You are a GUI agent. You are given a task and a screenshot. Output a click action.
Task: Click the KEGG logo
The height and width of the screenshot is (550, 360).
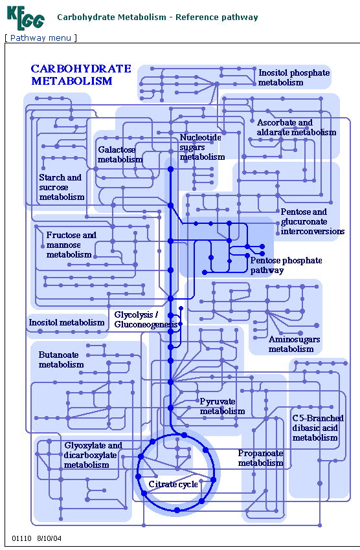coord(25,17)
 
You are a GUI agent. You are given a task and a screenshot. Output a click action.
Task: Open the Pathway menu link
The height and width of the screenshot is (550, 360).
coord(41,38)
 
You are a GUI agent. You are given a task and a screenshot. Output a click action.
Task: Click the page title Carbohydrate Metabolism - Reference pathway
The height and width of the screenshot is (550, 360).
coord(157,17)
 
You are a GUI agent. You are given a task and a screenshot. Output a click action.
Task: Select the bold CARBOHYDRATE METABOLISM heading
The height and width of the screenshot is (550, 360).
coord(81,74)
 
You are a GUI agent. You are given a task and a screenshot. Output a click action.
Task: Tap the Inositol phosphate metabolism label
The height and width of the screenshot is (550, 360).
coord(294,78)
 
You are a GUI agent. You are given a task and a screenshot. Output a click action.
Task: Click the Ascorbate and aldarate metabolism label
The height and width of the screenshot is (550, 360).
coord(296,127)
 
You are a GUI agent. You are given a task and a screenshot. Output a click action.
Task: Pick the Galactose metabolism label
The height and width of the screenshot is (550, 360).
coord(120,155)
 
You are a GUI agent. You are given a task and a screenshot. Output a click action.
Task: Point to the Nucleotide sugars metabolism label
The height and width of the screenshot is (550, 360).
coord(202,147)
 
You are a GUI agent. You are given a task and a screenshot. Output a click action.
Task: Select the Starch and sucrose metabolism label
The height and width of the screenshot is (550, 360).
coord(62,187)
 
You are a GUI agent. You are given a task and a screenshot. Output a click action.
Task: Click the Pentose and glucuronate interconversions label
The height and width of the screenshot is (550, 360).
coord(312,221)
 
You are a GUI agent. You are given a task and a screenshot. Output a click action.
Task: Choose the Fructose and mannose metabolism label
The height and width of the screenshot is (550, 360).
coord(71,245)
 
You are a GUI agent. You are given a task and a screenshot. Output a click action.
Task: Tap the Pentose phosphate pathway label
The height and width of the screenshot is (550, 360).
coord(286,265)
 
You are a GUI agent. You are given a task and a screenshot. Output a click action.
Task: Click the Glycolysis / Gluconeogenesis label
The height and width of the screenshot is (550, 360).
coord(146,320)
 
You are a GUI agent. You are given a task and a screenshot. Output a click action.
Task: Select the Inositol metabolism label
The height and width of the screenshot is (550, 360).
coord(67,322)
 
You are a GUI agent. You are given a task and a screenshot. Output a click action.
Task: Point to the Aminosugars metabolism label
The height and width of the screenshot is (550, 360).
coord(294,344)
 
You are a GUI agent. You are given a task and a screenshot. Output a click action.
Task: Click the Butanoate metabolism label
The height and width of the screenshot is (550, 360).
coord(61,360)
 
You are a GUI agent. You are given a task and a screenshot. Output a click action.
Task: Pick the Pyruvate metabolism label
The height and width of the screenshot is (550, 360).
coord(222,406)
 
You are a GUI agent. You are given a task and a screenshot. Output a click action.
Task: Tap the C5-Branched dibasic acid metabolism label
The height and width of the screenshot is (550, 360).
coord(318,428)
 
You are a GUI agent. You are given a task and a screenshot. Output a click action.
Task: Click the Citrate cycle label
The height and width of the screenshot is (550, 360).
coord(173,485)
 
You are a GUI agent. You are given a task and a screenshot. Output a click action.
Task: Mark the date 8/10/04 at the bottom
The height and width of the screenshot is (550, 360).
coord(49,538)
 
